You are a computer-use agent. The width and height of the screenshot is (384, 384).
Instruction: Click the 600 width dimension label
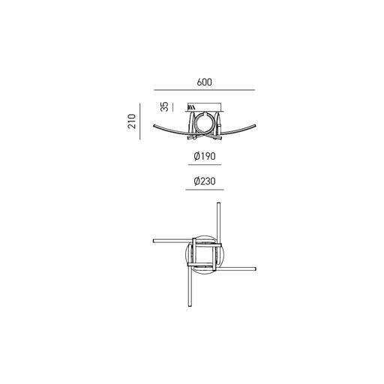pos(204,82)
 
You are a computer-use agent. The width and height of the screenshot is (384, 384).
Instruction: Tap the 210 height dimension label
pos(132,121)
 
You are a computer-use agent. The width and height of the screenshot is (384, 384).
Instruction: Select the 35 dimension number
pos(164,106)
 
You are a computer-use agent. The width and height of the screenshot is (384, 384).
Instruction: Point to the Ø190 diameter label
pos(205,156)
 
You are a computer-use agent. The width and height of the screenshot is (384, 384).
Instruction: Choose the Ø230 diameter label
pos(205,181)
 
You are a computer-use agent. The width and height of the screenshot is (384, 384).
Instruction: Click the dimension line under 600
pos(204,90)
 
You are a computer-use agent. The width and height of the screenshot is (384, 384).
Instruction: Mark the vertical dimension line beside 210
pos(140,121)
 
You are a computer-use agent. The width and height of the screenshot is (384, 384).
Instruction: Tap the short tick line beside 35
pos(172,106)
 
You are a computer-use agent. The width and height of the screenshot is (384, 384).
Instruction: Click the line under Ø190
pos(205,165)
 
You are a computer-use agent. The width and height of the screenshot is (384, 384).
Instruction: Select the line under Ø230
pos(205,190)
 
